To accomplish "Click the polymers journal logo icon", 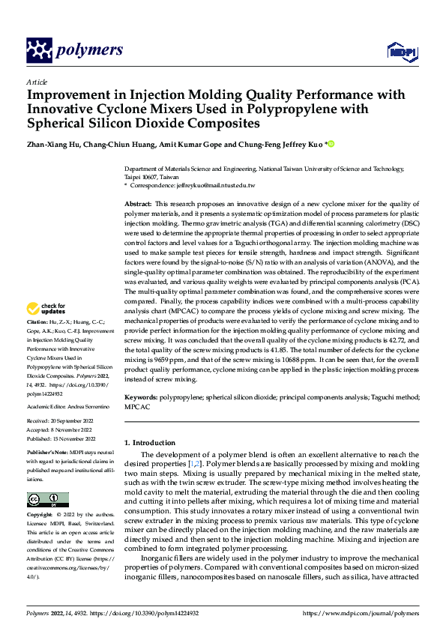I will coord(39,50).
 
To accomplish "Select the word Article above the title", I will coord(37,82).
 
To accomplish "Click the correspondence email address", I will coord(219,185).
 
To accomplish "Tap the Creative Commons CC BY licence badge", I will coord(47,500).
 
